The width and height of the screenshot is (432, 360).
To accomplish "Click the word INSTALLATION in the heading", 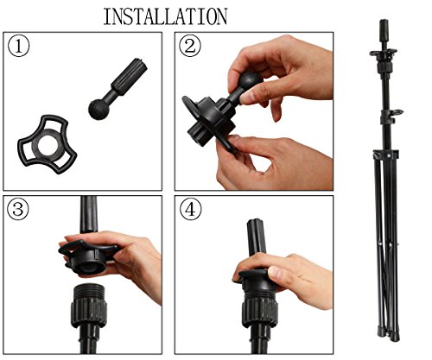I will coord(165,16).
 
